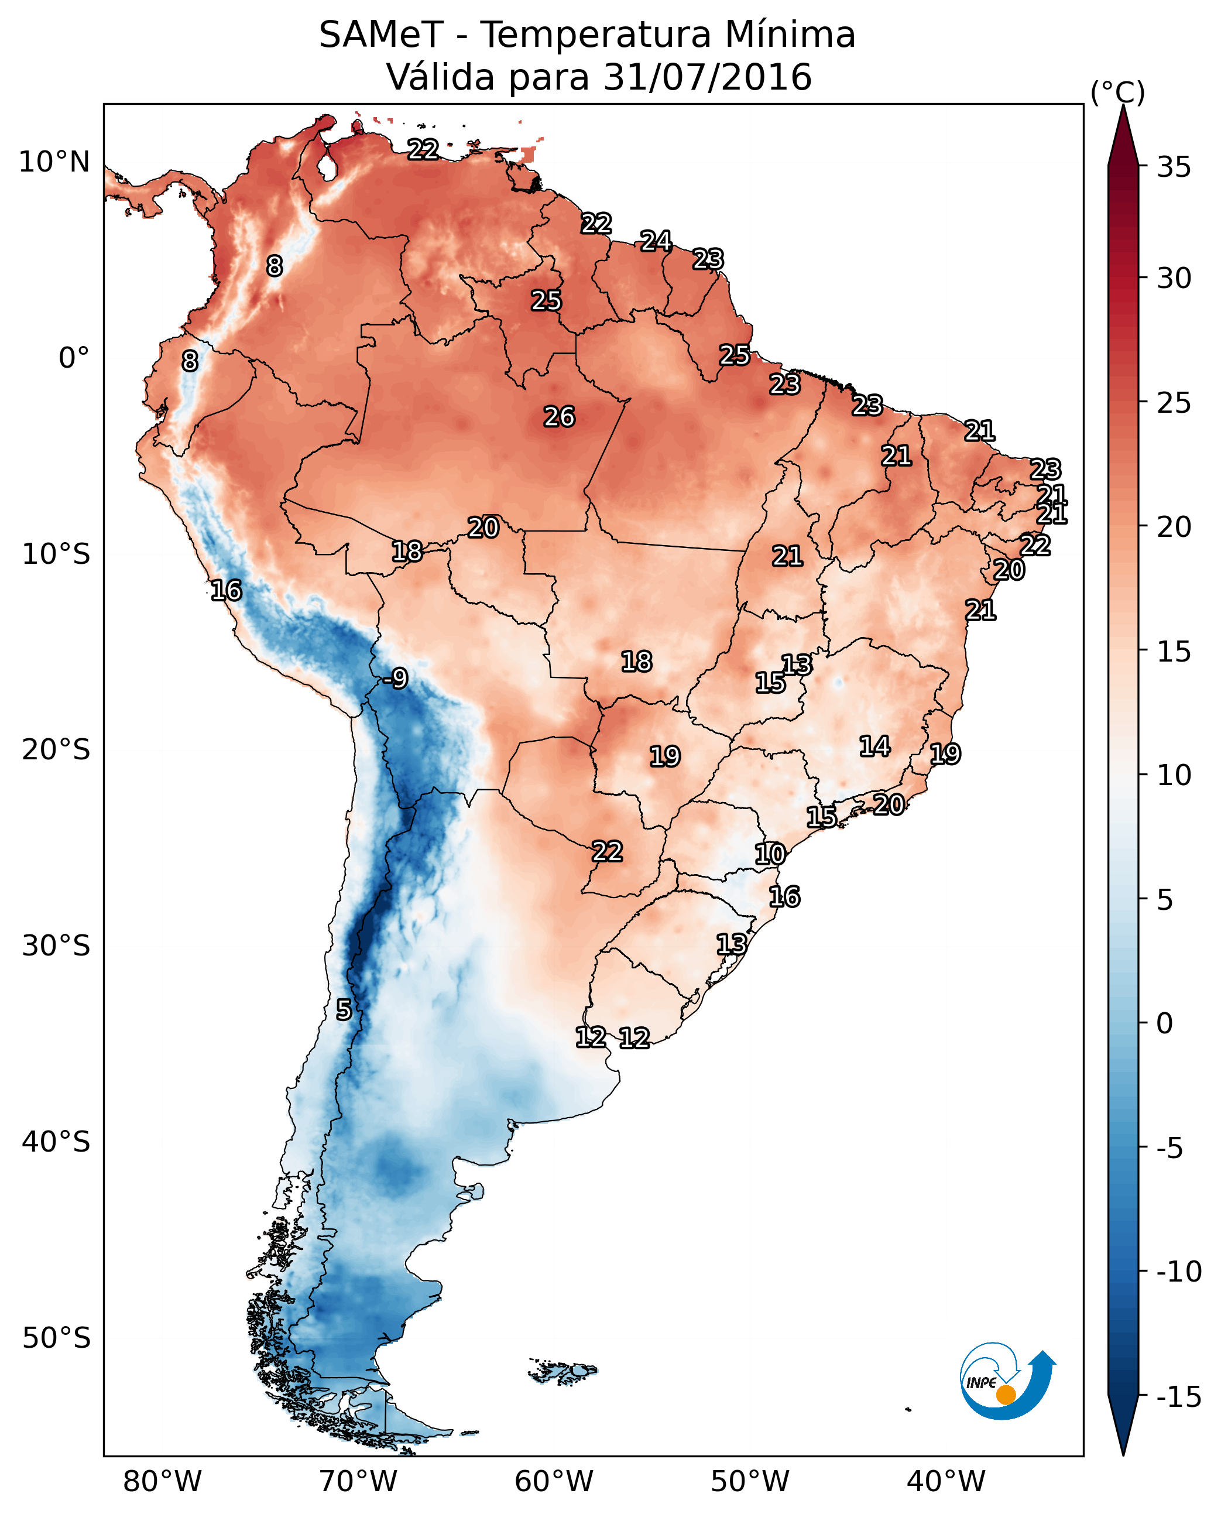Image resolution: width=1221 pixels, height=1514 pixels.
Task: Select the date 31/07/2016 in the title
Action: coord(708,77)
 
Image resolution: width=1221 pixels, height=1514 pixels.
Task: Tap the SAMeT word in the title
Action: coord(381,35)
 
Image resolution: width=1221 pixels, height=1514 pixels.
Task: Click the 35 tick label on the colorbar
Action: coord(1174,167)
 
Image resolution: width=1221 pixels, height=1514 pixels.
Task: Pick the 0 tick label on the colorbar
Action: coord(1165,1023)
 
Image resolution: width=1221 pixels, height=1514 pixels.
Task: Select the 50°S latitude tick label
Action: coord(56,1337)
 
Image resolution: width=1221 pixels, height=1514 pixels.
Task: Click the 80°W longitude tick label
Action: coord(163,1482)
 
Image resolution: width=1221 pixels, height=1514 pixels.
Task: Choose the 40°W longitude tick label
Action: coord(946,1482)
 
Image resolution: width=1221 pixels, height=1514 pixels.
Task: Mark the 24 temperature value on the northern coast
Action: coord(656,241)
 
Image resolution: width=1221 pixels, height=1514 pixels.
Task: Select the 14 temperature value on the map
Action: coord(875,746)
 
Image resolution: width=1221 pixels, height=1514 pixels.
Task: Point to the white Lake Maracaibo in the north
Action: coord(327,166)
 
